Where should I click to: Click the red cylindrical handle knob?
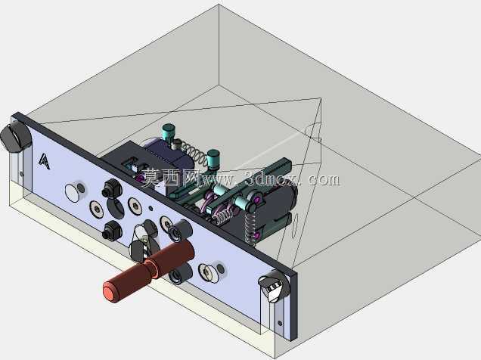148,270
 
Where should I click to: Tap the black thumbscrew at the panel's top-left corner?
14,137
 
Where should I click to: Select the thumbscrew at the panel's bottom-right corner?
274,286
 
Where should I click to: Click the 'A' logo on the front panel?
44,161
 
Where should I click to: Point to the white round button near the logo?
72,193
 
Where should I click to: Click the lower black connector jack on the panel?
112,230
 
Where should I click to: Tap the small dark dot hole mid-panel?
151,209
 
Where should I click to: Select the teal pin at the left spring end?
169,132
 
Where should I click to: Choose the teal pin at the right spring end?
213,160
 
